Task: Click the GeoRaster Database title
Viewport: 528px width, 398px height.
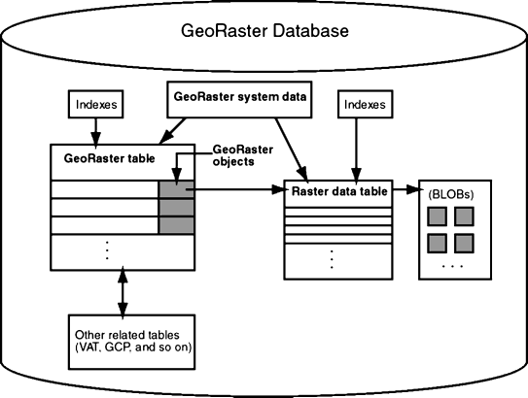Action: [x=264, y=31]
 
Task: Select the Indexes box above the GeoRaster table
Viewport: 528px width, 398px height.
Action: [x=95, y=104]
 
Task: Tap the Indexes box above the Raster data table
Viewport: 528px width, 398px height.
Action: [x=366, y=104]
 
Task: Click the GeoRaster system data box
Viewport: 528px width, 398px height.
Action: [x=239, y=99]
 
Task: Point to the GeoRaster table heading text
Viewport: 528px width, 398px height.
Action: [x=110, y=158]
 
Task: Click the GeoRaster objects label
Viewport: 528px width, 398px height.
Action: [x=243, y=155]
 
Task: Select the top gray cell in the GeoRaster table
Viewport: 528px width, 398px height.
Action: [x=176, y=189]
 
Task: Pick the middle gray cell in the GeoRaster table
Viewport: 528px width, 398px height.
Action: [x=176, y=208]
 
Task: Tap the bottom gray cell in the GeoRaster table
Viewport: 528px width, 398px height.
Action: [x=176, y=225]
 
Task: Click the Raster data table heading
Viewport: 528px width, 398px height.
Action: [x=339, y=191]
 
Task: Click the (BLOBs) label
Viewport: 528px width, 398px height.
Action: [x=451, y=194]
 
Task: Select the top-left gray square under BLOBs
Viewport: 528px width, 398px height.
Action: [x=437, y=216]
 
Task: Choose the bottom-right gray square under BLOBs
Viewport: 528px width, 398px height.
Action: [x=465, y=244]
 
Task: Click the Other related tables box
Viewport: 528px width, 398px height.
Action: [x=131, y=342]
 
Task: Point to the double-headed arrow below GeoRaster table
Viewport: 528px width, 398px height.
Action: [x=123, y=292]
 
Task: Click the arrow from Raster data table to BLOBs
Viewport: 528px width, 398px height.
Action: [x=405, y=189]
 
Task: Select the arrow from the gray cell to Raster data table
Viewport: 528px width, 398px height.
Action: [x=235, y=189]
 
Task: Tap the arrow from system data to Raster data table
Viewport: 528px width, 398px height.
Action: [x=292, y=149]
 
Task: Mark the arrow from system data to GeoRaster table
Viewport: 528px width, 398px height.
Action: [x=172, y=131]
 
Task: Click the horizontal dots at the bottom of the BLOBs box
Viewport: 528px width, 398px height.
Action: [x=453, y=266]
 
